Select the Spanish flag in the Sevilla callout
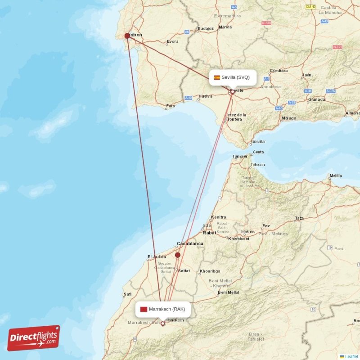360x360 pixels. pos(217,77)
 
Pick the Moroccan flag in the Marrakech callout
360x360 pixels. pos(144,309)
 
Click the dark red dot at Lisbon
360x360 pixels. pos(127,36)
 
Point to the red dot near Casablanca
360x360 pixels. pos(178,255)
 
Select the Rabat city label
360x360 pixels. pos(209,233)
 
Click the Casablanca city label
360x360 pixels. pos(189,243)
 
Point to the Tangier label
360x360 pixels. pos(240,157)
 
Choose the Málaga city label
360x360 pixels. pos(288,118)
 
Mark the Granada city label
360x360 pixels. pos(316,99)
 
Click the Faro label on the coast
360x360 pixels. pos(171,107)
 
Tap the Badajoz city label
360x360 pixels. pos(205,28)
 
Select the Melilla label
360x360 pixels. pos(335,175)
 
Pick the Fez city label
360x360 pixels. pos(266,226)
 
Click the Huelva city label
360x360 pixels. pos(205,96)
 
